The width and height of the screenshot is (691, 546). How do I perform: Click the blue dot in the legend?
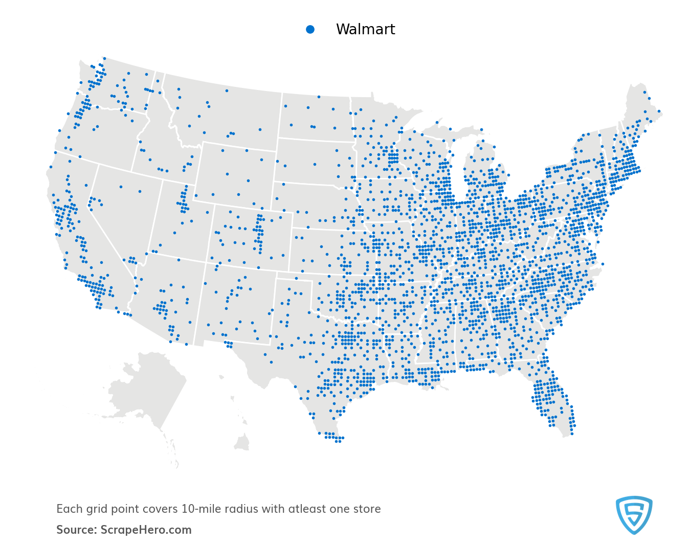pos(310,30)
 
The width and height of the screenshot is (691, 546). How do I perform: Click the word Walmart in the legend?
pos(365,30)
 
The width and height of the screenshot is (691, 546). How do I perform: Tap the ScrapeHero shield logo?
pos(634,515)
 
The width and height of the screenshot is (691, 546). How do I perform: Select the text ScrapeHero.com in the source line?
pos(146,530)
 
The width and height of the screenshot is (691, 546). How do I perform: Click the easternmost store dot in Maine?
pos(659,111)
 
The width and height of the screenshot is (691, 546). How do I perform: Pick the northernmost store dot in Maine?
pos(644,93)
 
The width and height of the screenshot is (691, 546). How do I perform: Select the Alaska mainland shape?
pos(148,383)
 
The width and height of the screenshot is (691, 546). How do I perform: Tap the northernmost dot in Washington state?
pos(104,58)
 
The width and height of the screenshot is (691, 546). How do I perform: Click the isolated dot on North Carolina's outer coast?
pos(603,264)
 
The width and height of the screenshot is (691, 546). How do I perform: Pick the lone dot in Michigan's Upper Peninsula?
pos(437,122)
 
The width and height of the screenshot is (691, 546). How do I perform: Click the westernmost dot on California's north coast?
pos(51,167)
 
